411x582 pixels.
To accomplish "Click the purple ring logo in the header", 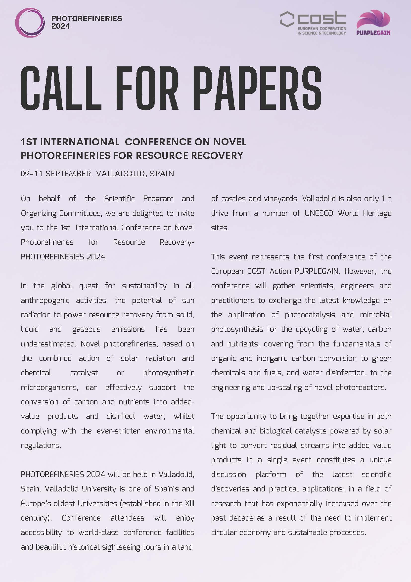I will (x=30, y=23).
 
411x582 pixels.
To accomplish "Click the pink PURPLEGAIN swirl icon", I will (x=373, y=19).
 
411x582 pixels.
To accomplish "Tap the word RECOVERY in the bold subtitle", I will (x=217, y=155).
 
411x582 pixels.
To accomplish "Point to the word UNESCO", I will (x=319, y=213).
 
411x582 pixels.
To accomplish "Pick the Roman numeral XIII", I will (x=189, y=503).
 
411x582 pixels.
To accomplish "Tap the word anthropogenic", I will (x=45, y=300).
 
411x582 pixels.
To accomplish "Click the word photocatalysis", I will (x=310, y=315).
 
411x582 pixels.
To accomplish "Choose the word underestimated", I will (x=48, y=344).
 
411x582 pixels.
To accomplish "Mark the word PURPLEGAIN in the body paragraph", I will (x=317, y=271).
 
